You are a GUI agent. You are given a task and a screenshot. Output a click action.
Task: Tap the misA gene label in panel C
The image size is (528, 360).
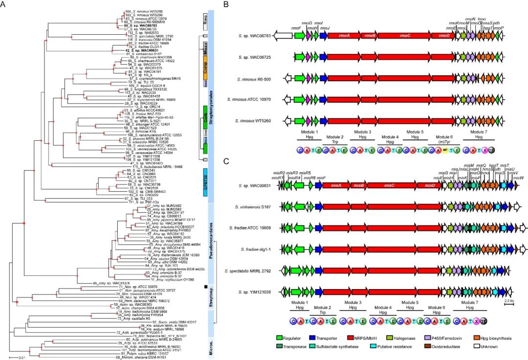(x=336, y=186)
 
